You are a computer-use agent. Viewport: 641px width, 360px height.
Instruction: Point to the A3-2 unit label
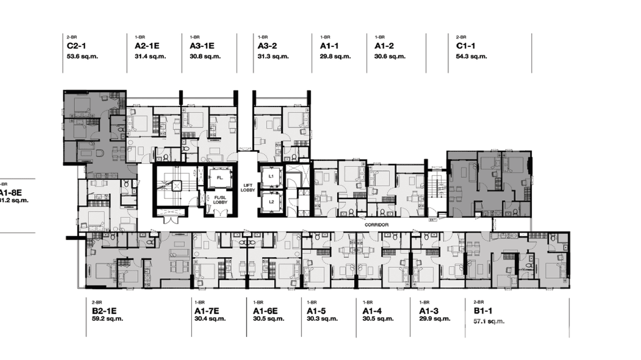click(267, 46)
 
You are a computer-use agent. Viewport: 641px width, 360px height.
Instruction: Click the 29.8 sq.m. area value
click(335, 56)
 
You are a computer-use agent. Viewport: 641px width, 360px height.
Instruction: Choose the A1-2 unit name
click(384, 46)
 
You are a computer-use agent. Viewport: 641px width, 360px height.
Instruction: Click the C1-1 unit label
click(465, 46)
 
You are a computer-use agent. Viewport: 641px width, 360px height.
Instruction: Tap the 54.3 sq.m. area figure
click(471, 56)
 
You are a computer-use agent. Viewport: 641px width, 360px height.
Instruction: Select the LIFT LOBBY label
click(248, 188)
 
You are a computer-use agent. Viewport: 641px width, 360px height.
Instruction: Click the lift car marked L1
click(271, 176)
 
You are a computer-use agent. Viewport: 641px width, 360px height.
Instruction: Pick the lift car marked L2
click(271, 201)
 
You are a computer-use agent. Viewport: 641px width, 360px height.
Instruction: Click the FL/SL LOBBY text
click(220, 200)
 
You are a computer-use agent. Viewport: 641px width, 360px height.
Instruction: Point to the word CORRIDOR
click(376, 224)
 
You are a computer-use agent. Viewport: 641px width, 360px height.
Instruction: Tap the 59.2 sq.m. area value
click(107, 319)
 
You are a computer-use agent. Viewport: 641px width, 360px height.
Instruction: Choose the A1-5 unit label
click(316, 311)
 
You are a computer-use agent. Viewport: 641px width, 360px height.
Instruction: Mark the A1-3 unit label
click(429, 311)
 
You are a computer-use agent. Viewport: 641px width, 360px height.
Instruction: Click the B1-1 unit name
click(483, 311)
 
